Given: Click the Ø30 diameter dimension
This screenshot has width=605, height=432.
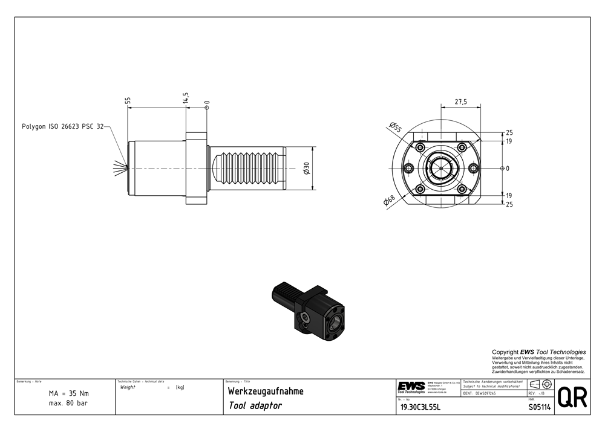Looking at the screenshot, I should [x=307, y=169].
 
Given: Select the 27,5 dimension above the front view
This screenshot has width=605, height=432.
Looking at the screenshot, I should [x=460, y=102].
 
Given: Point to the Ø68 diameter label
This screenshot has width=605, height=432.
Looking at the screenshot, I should [x=390, y=201].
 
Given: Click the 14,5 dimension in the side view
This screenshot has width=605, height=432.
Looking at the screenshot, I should [x=185, y=98].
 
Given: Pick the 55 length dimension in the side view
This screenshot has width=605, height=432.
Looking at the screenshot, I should [x=128, y=100].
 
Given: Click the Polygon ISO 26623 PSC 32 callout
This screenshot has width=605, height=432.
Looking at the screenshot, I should [x=63, y=126].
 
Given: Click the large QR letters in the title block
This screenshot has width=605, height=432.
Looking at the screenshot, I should [x=572, y=397].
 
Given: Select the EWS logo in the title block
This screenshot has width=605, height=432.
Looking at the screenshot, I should [x=411, y=385].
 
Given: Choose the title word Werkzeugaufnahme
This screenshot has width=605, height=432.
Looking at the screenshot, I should [x=266, y=391].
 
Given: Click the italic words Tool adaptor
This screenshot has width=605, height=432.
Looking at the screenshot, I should [x=255, y=406].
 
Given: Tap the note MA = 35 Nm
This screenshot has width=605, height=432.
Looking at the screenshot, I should [x=68, y=393].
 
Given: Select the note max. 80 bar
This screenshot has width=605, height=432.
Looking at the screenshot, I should [x=68, y=403].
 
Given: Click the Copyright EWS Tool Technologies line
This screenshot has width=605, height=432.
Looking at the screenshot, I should [x=538, y=352].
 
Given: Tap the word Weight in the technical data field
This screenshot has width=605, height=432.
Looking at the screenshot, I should [x=128, y=387].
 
